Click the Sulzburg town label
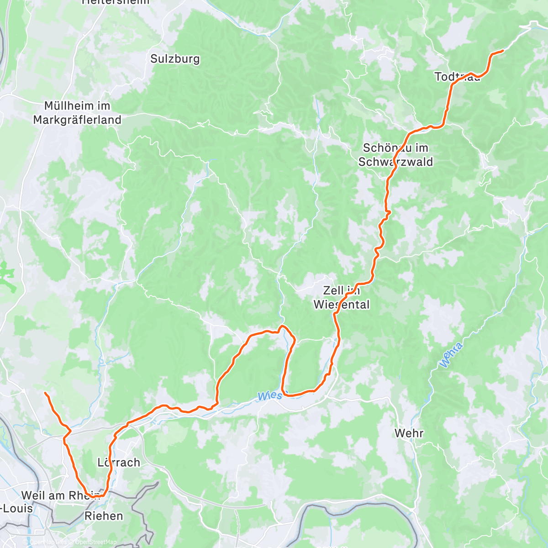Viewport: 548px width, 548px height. coord(175,59)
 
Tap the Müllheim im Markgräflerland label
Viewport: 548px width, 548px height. coord(77,113)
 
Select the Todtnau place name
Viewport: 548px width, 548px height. coord(457,77)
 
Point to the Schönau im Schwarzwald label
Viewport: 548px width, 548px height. coord(395,155)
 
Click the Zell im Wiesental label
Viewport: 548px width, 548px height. coord(341,297)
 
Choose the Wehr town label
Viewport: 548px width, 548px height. coord(409,433)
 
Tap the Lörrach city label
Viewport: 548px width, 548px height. coord(119,462)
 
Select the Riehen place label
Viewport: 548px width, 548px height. coord(104,516)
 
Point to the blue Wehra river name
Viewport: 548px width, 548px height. coord(451,355)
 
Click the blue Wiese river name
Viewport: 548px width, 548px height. coord(269,396)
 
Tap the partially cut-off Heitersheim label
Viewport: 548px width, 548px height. coord(116,2)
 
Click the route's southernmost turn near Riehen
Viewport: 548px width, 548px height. coord(103,495)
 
